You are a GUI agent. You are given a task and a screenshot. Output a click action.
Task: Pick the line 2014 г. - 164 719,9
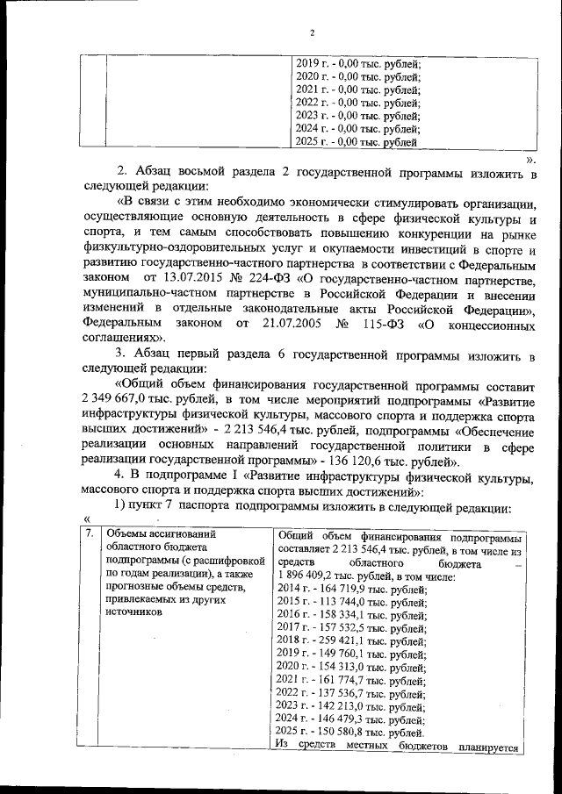[350, 590]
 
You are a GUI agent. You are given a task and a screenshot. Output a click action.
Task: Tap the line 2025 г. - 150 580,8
[350, 733]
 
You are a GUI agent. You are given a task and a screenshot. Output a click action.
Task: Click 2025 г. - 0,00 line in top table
[356, 141]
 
